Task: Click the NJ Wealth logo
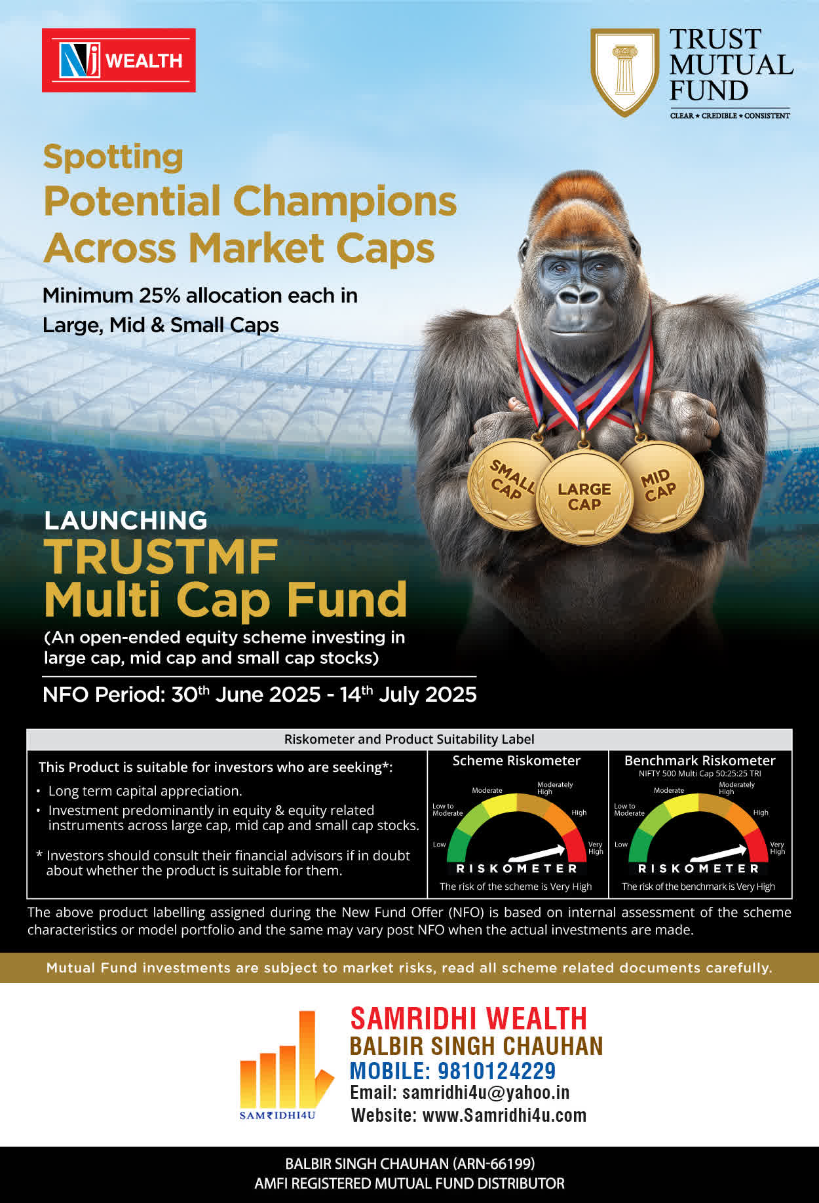tap(119, 60)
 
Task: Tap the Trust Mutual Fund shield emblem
tap(625, 72)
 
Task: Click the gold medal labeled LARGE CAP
tap(584, 497)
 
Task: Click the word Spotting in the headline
tap(113, 158)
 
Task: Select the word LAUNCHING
tap(126, 520)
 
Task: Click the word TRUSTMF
tap(161, 557)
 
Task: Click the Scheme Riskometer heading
tap(516, 761)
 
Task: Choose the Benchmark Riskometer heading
tap(700, 761)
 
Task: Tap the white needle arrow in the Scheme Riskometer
tap(537, 853)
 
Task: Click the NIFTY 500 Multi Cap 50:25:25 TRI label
tap(700, 774)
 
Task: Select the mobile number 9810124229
tap(497, 1071)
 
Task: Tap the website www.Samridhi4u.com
tap(505, 1115)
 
